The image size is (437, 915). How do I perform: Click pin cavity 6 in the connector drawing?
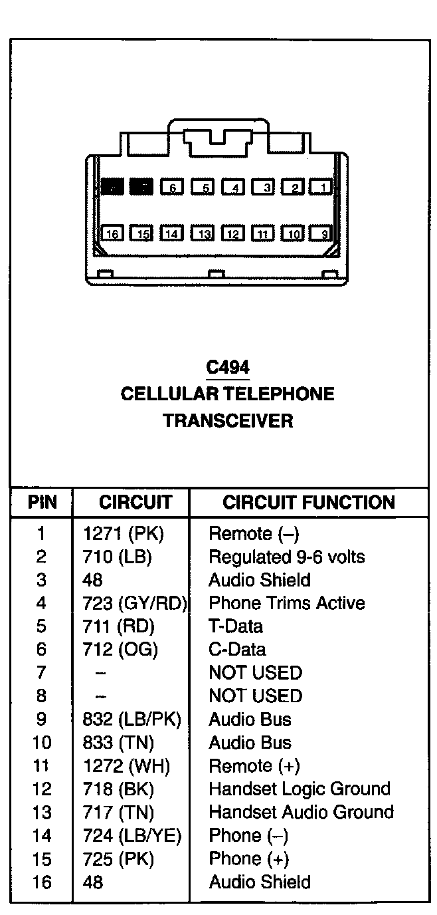(x=171, y=187)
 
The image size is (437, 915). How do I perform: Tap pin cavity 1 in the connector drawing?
(x=321, y=187)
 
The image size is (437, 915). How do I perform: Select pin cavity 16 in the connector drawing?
(x=112, y=233)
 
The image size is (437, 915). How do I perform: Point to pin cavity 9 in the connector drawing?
(x=321, y=233)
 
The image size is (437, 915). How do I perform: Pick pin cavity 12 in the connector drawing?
(x=232, y=233)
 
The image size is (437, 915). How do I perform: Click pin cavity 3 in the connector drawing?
(x=262, y=187)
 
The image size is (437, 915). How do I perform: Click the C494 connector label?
(x=228, y=366)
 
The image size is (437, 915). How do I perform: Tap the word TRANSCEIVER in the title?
(x=228, y=420)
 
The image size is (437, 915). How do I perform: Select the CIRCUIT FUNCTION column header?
(x=308, y=502)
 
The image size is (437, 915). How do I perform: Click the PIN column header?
(x=41, y=502)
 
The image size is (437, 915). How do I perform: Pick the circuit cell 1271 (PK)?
(x=123, y=533)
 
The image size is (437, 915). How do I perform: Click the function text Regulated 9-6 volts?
(x=287, y=557)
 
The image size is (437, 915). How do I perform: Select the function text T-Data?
(x=236, y=626)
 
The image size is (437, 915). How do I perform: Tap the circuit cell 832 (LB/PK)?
(x=131, y=719)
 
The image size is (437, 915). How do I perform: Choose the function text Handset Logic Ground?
(x=300, y=789)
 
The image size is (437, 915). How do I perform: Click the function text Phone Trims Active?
(x=287, y=603)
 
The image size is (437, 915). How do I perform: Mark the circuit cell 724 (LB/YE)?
(x=132, y=835)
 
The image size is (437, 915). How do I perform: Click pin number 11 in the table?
(x=41, y=765)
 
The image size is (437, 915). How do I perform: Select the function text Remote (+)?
(x=254, y=765)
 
